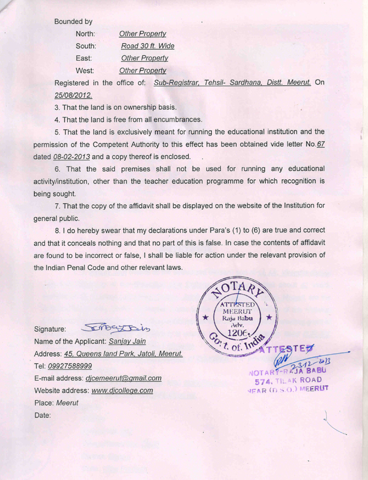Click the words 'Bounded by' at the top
pos(73,22)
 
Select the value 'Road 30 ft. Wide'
pos(147,46)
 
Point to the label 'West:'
pos(85,70)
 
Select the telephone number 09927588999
pos(70,366)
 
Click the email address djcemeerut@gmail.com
pos(123,378)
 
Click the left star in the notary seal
pos(205,318)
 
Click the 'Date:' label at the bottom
pos(43,415)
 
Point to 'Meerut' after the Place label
pos(67,403)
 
